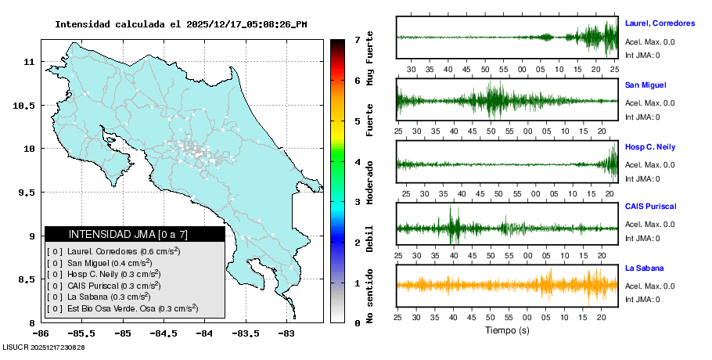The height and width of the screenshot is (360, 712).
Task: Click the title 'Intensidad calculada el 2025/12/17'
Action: pos(181,24)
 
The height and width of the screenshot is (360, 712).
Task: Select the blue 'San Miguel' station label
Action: pos(645,85)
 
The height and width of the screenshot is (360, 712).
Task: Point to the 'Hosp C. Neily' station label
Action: pos(650,146)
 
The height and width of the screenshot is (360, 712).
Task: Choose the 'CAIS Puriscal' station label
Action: pos(650,206)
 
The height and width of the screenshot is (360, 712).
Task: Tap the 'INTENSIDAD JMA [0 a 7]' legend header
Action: pos(128,234)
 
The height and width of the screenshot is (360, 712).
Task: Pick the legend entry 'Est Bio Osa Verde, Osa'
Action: pos(124,308)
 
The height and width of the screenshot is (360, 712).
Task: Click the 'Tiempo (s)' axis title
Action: pos(506,330)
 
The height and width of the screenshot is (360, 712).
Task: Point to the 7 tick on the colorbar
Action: pos(357,39)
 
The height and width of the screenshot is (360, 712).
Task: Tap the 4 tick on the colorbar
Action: pos(357,161)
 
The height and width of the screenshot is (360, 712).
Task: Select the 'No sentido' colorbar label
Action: pos(371,300)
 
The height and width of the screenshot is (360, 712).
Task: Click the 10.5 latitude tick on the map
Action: pos(27,105)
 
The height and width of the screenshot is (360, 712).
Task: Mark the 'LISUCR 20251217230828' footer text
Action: pos(44,347)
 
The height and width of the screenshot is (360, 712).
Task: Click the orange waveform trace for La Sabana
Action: pos(506,285)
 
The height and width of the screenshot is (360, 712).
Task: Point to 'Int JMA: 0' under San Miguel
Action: pos(642,117)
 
